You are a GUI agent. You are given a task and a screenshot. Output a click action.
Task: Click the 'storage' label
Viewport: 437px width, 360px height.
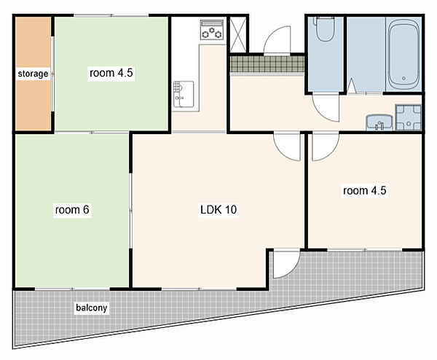coord(33,74)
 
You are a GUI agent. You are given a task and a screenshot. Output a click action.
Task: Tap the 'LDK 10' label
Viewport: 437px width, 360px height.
coord(219,210)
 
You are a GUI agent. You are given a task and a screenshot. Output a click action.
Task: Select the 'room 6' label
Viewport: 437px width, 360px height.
coord(72,210)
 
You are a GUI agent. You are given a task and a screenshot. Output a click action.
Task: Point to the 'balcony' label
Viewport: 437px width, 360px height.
coord(92,308)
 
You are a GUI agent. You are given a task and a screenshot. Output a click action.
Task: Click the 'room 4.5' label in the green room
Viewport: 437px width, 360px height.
coord(111,73)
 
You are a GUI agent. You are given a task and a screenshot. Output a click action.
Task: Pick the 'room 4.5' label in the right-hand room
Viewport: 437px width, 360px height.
coord(365,191)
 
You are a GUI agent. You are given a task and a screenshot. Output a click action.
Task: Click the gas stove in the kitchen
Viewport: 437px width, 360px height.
coord(212,29)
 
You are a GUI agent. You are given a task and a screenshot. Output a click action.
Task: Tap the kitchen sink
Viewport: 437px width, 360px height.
coord(184,94)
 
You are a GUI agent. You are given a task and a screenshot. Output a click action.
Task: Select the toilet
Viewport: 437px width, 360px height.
coord(324,28)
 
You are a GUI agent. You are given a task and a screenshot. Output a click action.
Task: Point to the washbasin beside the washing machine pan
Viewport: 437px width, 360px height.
coord(379,122)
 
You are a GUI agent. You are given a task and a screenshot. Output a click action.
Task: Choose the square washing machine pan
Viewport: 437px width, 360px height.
coord(409,117)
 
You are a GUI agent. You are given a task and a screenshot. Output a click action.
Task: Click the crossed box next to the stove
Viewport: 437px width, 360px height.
coord(238,34)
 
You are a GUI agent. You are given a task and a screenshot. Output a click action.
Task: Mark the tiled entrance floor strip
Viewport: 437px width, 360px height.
coord(267,64)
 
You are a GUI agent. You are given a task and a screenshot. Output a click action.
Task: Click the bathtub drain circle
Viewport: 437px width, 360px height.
coord(403,79)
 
